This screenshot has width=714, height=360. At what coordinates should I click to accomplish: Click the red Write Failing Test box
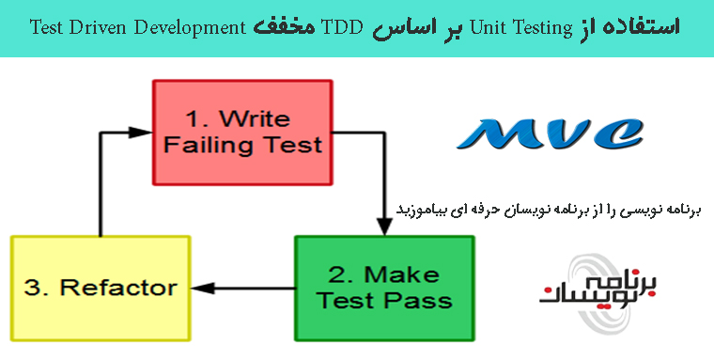pyautogui.click(x=241, y=132)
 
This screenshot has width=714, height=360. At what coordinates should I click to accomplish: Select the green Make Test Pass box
pyautogui.click(x=383, y=288)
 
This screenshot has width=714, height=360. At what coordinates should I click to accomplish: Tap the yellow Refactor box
pyautogui.click(x=101, y=287)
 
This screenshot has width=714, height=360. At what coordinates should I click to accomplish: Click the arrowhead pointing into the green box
pyautogui.click(x=383, y=227)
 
